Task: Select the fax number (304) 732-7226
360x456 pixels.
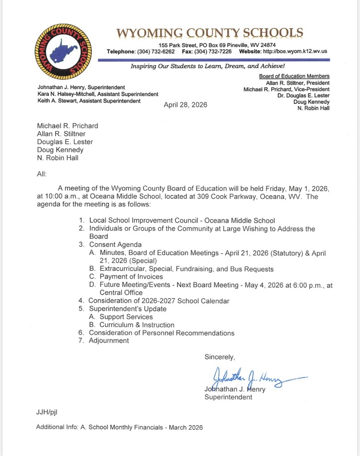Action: pyautogui.click(x=213, y=51)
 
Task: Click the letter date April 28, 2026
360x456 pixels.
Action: pyautogui.click(x=185, y=105)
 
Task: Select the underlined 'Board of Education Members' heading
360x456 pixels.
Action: pyautogui.click(x=294, y=76)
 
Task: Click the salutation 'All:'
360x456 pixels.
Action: pyautogui.click(x=42, y=174)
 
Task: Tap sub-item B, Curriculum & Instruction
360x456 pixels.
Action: pyautogui.click(x=137, y=325)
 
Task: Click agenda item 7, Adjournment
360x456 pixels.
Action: pyautogui.click(x=108, y=341)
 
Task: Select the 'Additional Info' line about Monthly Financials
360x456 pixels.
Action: pyautogui.click(x=120, y=427)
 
